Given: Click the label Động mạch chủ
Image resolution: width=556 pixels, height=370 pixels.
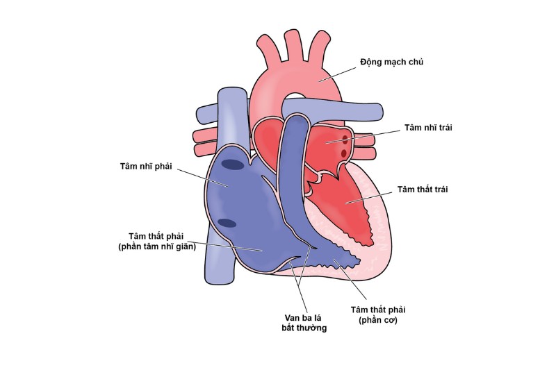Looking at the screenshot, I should coord(391,62).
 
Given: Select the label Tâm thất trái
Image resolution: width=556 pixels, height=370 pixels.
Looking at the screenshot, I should coord(423,188).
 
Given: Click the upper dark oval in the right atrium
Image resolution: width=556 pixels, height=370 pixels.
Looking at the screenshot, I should coord(233,164).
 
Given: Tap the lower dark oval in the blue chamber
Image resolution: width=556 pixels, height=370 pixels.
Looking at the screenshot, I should coord(227,224).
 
